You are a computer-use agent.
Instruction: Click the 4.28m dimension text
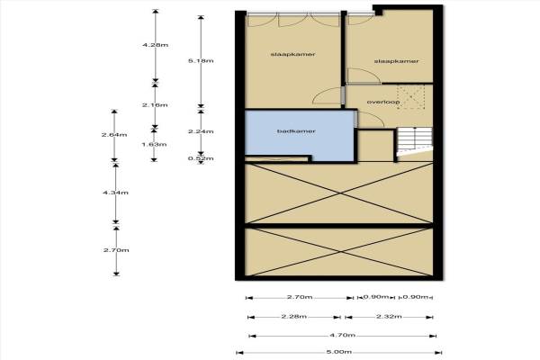[x=155, y=44]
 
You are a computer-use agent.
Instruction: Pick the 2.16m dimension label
[x=155, y=104]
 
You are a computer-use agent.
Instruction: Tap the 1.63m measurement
[x=155, y=143]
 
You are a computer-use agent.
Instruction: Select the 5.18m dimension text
[x=205, y=60]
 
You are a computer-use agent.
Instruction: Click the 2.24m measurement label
[x=205, y=130]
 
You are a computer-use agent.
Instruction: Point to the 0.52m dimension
[x=205, y=159]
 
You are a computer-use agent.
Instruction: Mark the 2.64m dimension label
[x=113, y=136]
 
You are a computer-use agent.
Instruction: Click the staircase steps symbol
[x=411, y=141]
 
